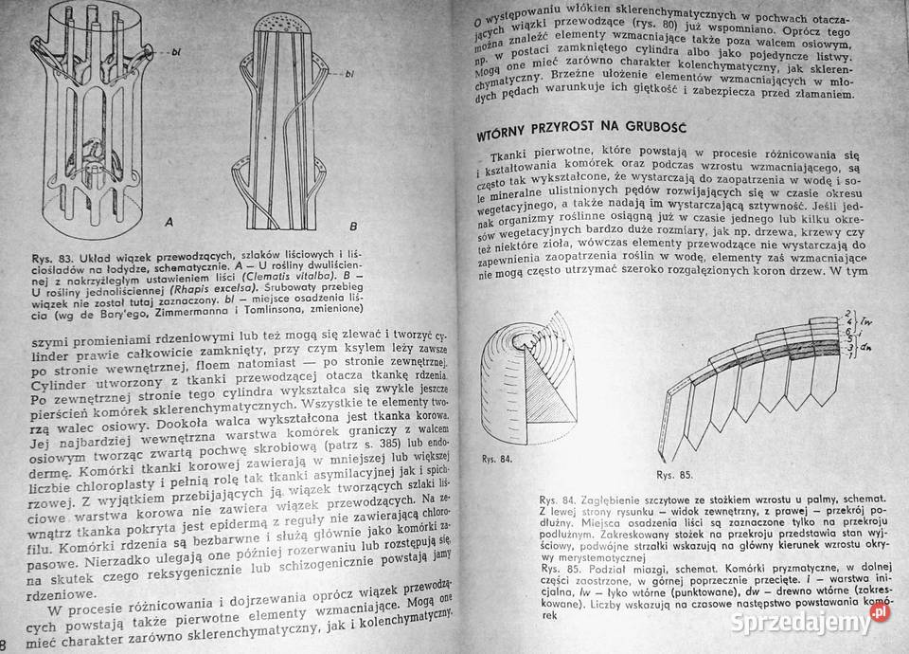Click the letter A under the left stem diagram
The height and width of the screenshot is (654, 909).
click(168, 224)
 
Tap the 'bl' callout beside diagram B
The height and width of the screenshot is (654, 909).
click(350, 72)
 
